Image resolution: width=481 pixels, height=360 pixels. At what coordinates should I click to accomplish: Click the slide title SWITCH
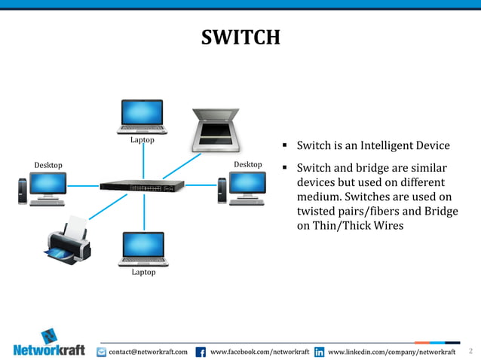[x=240, y=37]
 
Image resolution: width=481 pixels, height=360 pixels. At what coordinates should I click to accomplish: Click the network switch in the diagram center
[x=142, y=185]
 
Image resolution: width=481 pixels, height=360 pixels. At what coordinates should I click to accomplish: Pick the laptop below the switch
[x=143, y=248]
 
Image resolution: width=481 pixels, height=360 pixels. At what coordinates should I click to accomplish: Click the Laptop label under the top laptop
[x=142, y=140]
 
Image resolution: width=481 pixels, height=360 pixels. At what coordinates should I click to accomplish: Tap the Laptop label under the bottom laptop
[x=143, y=272]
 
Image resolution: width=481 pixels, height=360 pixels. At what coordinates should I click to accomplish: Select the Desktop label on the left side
[x=48, y=165]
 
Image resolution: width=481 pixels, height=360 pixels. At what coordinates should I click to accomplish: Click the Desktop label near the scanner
[x=247, y=164]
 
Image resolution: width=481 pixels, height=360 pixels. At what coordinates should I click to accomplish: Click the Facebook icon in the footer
[x=201, y=352]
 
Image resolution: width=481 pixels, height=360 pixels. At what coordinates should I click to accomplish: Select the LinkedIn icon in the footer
[x=319, y=352]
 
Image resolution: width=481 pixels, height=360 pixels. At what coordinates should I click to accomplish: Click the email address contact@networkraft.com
[x=148, y=352]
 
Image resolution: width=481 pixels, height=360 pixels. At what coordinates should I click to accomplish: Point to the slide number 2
[x=470, y=351]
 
